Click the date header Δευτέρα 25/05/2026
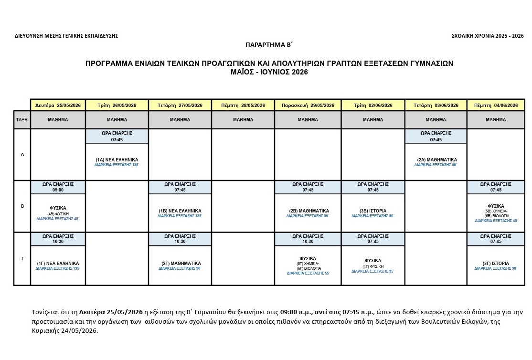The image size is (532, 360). (x=58, y=105)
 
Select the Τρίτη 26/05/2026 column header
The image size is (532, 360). (x=117, y=105)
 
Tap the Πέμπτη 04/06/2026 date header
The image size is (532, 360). (x=496, y=105)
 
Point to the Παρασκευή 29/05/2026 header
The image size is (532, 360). (x=308, y=105)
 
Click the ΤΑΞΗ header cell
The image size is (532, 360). (x=22, y=120)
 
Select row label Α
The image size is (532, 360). (x=22, y=155)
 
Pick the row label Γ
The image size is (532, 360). (x=22, y=258)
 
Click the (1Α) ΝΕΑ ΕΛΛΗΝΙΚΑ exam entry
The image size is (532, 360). (x=117, y=160)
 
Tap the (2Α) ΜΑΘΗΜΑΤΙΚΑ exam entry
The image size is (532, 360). (x=436, y=160)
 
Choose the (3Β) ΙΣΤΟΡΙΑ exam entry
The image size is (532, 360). (x=373, y=211)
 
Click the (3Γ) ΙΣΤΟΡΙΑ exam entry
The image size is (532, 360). (x=496, y=263)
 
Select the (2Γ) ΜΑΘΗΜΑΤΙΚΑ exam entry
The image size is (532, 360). (x=180, y=263)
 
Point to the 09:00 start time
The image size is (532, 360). (x=58, y=190)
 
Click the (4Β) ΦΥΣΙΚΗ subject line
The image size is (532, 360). (x=58, y=214)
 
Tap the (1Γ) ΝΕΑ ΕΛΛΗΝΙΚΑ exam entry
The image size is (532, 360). (x=58, y=263)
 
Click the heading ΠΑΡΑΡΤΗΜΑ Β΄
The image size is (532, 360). (x=268, y=44)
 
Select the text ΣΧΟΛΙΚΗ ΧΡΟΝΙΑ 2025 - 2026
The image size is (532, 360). (x=487, y=36)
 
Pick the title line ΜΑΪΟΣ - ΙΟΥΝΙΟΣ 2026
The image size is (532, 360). (x=269, y=72)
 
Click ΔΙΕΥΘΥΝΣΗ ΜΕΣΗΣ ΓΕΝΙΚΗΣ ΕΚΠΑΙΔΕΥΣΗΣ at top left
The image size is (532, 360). (x=66, y=36)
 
